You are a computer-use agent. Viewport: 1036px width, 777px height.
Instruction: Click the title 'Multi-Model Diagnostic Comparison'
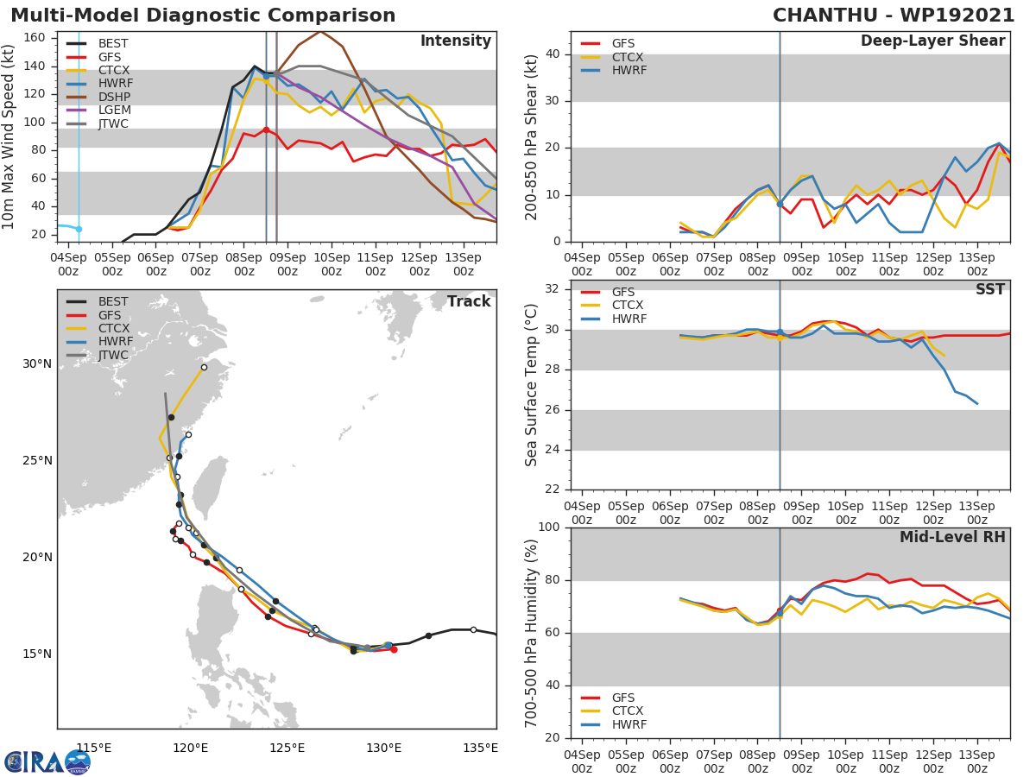pos(203,16)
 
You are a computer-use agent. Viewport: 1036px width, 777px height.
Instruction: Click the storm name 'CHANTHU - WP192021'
pos(894,16)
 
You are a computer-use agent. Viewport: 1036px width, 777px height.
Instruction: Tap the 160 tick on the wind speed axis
pos(35,38)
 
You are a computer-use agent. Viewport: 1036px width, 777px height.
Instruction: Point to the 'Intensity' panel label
pos(455,41)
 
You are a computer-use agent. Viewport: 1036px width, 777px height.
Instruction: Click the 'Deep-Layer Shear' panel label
pos(932,41)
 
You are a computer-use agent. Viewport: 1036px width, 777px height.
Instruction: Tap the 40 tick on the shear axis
pos(555,54)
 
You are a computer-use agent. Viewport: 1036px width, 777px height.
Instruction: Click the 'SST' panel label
pos(989,290)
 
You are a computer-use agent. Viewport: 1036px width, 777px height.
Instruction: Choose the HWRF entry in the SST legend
pos(629,319)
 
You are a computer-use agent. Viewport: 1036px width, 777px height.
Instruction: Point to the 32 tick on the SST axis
pos(555,289)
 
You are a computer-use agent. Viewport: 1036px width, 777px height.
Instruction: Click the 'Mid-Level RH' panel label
pos(952,538)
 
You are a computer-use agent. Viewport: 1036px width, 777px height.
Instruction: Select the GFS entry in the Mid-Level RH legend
pos(622,698)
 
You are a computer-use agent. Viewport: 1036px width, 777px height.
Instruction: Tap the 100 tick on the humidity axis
pos(551,527)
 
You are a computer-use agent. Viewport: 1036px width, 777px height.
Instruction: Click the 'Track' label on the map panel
pos(468,301)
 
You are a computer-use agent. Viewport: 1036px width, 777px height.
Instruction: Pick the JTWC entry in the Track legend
pos(113,355)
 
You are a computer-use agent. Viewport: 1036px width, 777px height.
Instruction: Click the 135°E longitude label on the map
pos(480,748)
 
